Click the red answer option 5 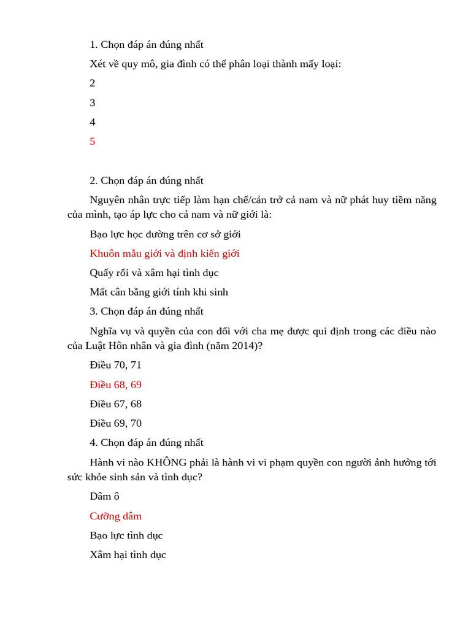tap(93, 142)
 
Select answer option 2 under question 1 tap(93, 83)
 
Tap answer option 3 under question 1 tap(93, 103)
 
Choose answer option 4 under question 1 tap(93, 122)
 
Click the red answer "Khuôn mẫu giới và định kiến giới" tap(164, 253)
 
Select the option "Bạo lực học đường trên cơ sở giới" tap(165, 234)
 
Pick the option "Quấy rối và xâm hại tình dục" tap(154, 273)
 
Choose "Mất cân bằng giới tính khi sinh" tap(159, 293)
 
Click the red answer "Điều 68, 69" tap(115, 385)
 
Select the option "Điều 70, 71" tap(115, 365)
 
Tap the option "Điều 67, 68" tap(115, 404)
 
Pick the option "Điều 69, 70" tap(115, 423)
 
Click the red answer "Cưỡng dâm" tap(115, 516)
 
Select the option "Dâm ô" tap(104, 496)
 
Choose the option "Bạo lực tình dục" tap(126, 535)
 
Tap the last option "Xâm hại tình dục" tap(128, 555)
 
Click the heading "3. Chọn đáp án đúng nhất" tap(146, 312)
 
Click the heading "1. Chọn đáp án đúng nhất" tap(146, 45)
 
